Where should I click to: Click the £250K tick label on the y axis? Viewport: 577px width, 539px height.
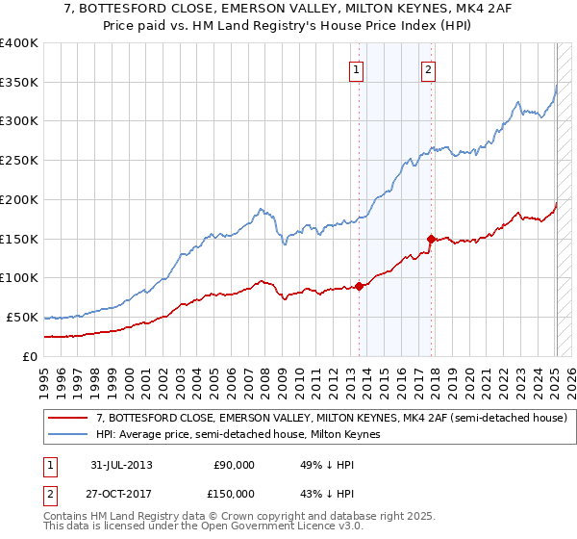point(19,161)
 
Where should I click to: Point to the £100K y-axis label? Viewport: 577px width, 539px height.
point(19,278)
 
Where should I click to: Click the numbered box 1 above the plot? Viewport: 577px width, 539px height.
point(357,69)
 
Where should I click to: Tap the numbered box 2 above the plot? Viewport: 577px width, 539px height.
point(427,69)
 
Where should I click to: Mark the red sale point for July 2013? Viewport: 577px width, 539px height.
point(359,286)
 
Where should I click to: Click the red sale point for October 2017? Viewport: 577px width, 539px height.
point(431,239)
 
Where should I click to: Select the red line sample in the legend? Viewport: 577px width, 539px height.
point(68,418)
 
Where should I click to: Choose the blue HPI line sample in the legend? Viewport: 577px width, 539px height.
point(68,435)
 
